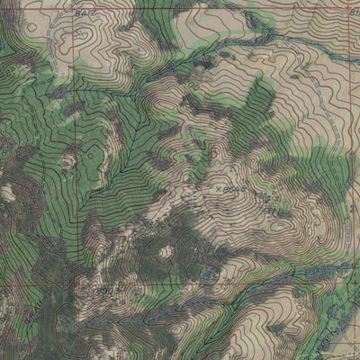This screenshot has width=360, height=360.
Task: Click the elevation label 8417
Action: (x=85, y=15)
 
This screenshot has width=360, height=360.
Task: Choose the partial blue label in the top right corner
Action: (x=353, y=12)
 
